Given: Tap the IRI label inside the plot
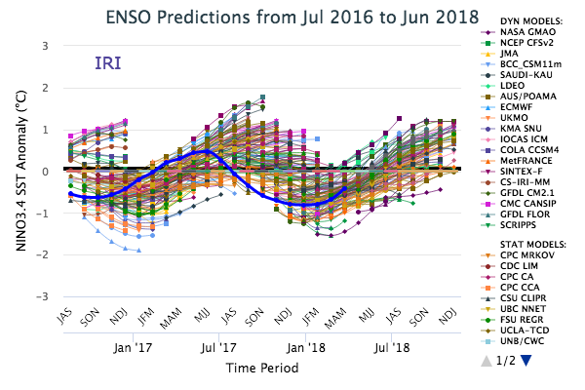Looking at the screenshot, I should click(x=108, y=64).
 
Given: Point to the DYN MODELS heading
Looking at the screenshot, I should click(x=526, y=17).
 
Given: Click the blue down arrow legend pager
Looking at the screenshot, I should click(x=527, y=361).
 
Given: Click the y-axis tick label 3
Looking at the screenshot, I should click(x=46, y=46).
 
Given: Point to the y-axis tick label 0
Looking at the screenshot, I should click(x=46, y=171).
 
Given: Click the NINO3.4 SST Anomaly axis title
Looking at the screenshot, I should click(x=18, y=171).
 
